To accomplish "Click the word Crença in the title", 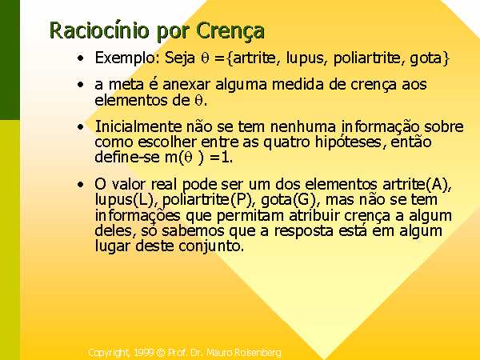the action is [230, 31].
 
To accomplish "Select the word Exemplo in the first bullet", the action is [126, 58].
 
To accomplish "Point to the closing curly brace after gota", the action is [445, 58].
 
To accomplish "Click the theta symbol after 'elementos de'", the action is [198, 101].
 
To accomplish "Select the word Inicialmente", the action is [138, 126].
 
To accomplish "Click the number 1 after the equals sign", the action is [226, 158].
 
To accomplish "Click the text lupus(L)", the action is [124, 200].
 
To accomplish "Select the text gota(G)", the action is [288, 200].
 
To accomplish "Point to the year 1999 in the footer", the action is [143, 353].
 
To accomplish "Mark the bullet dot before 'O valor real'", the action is [80, 185].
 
